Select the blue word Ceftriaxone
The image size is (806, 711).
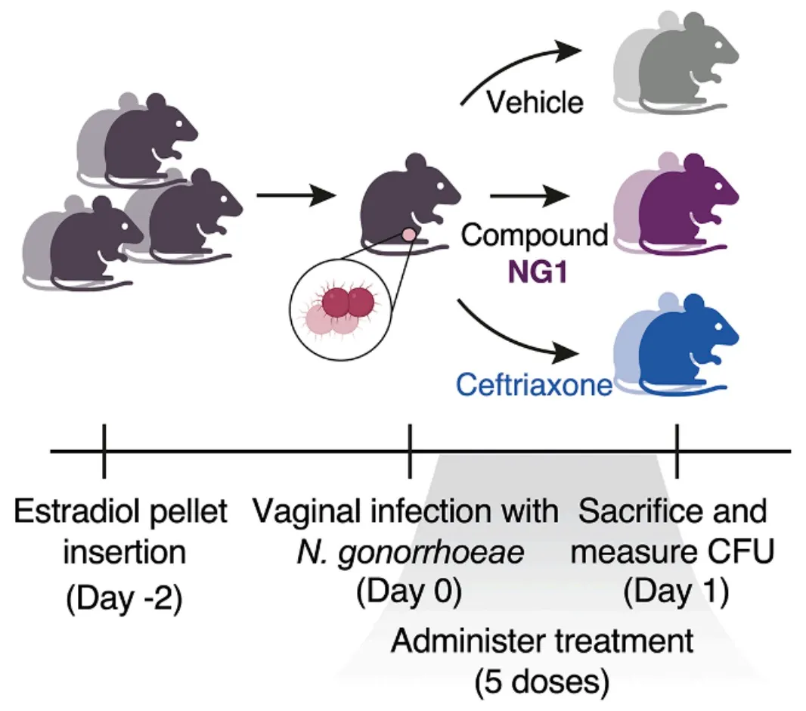click(x=534, y=386)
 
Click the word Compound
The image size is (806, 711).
click(x=535, y=235)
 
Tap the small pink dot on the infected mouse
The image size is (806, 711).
click(x=408, y=235)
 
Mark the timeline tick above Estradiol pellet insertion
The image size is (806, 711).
click(x=104, y=452)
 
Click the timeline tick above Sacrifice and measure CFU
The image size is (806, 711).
click(x=677, y=452)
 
